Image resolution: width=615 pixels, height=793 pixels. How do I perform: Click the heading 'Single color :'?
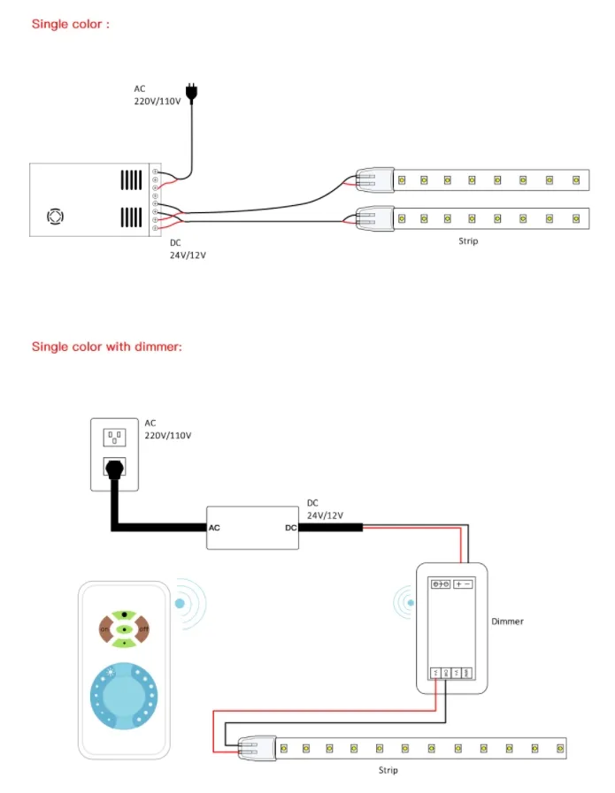click(x=71, y=24)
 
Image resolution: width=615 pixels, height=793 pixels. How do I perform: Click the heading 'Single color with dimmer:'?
click(x=107, y=347)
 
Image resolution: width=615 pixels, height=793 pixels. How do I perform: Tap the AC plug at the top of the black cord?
click(x=190, y=91)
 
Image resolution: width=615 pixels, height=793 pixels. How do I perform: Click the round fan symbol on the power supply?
click(x=55, y=215)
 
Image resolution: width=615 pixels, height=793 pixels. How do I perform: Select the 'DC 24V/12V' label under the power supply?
click(x=188, y=249)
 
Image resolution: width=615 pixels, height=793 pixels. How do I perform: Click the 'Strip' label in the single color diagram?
click(x=468, y=240)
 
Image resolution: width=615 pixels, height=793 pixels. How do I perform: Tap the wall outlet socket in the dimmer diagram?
click(x=114, y=437)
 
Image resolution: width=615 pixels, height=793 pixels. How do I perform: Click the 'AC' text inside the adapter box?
click(x=214, y=528)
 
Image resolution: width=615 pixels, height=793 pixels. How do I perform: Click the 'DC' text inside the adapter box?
click(x=290, y=528)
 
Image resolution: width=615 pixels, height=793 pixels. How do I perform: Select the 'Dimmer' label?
click(x=507, y=621)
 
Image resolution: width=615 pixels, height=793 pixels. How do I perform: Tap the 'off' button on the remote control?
click(x=144, y=629)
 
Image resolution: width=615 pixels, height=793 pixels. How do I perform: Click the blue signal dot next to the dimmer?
click(x=410, y=604)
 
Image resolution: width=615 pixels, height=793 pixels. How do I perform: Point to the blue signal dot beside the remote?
click(x=180, y=604)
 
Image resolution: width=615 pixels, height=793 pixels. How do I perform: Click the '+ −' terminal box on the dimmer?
click(x=464, y=584)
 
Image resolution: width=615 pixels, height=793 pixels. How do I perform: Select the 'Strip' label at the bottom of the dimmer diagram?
click(x=388, y=771)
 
